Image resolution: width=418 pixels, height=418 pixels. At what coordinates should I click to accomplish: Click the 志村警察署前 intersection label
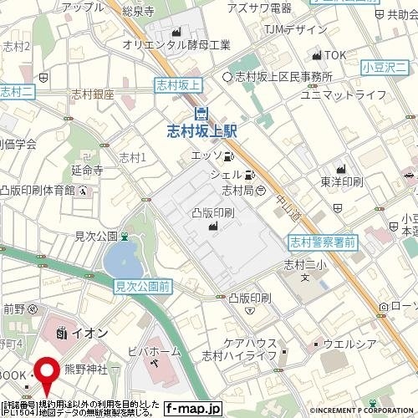(x=323, y=242)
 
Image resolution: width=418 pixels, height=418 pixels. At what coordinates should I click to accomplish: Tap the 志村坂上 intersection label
(x=178, y=83)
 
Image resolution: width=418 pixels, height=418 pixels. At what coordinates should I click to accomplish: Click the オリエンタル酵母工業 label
(x=176, y=43)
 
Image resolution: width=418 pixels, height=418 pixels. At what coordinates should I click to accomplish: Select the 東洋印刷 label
(x=340, y=181)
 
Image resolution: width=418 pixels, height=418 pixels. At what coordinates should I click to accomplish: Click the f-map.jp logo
(x=192, y=409)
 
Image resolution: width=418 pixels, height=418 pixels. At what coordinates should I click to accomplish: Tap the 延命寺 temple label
(x=86, y=170)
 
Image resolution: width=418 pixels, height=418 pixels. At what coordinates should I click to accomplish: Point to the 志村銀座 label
(x=93, y=94)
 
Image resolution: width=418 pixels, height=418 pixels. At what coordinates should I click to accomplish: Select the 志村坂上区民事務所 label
(x=283, y=77)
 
